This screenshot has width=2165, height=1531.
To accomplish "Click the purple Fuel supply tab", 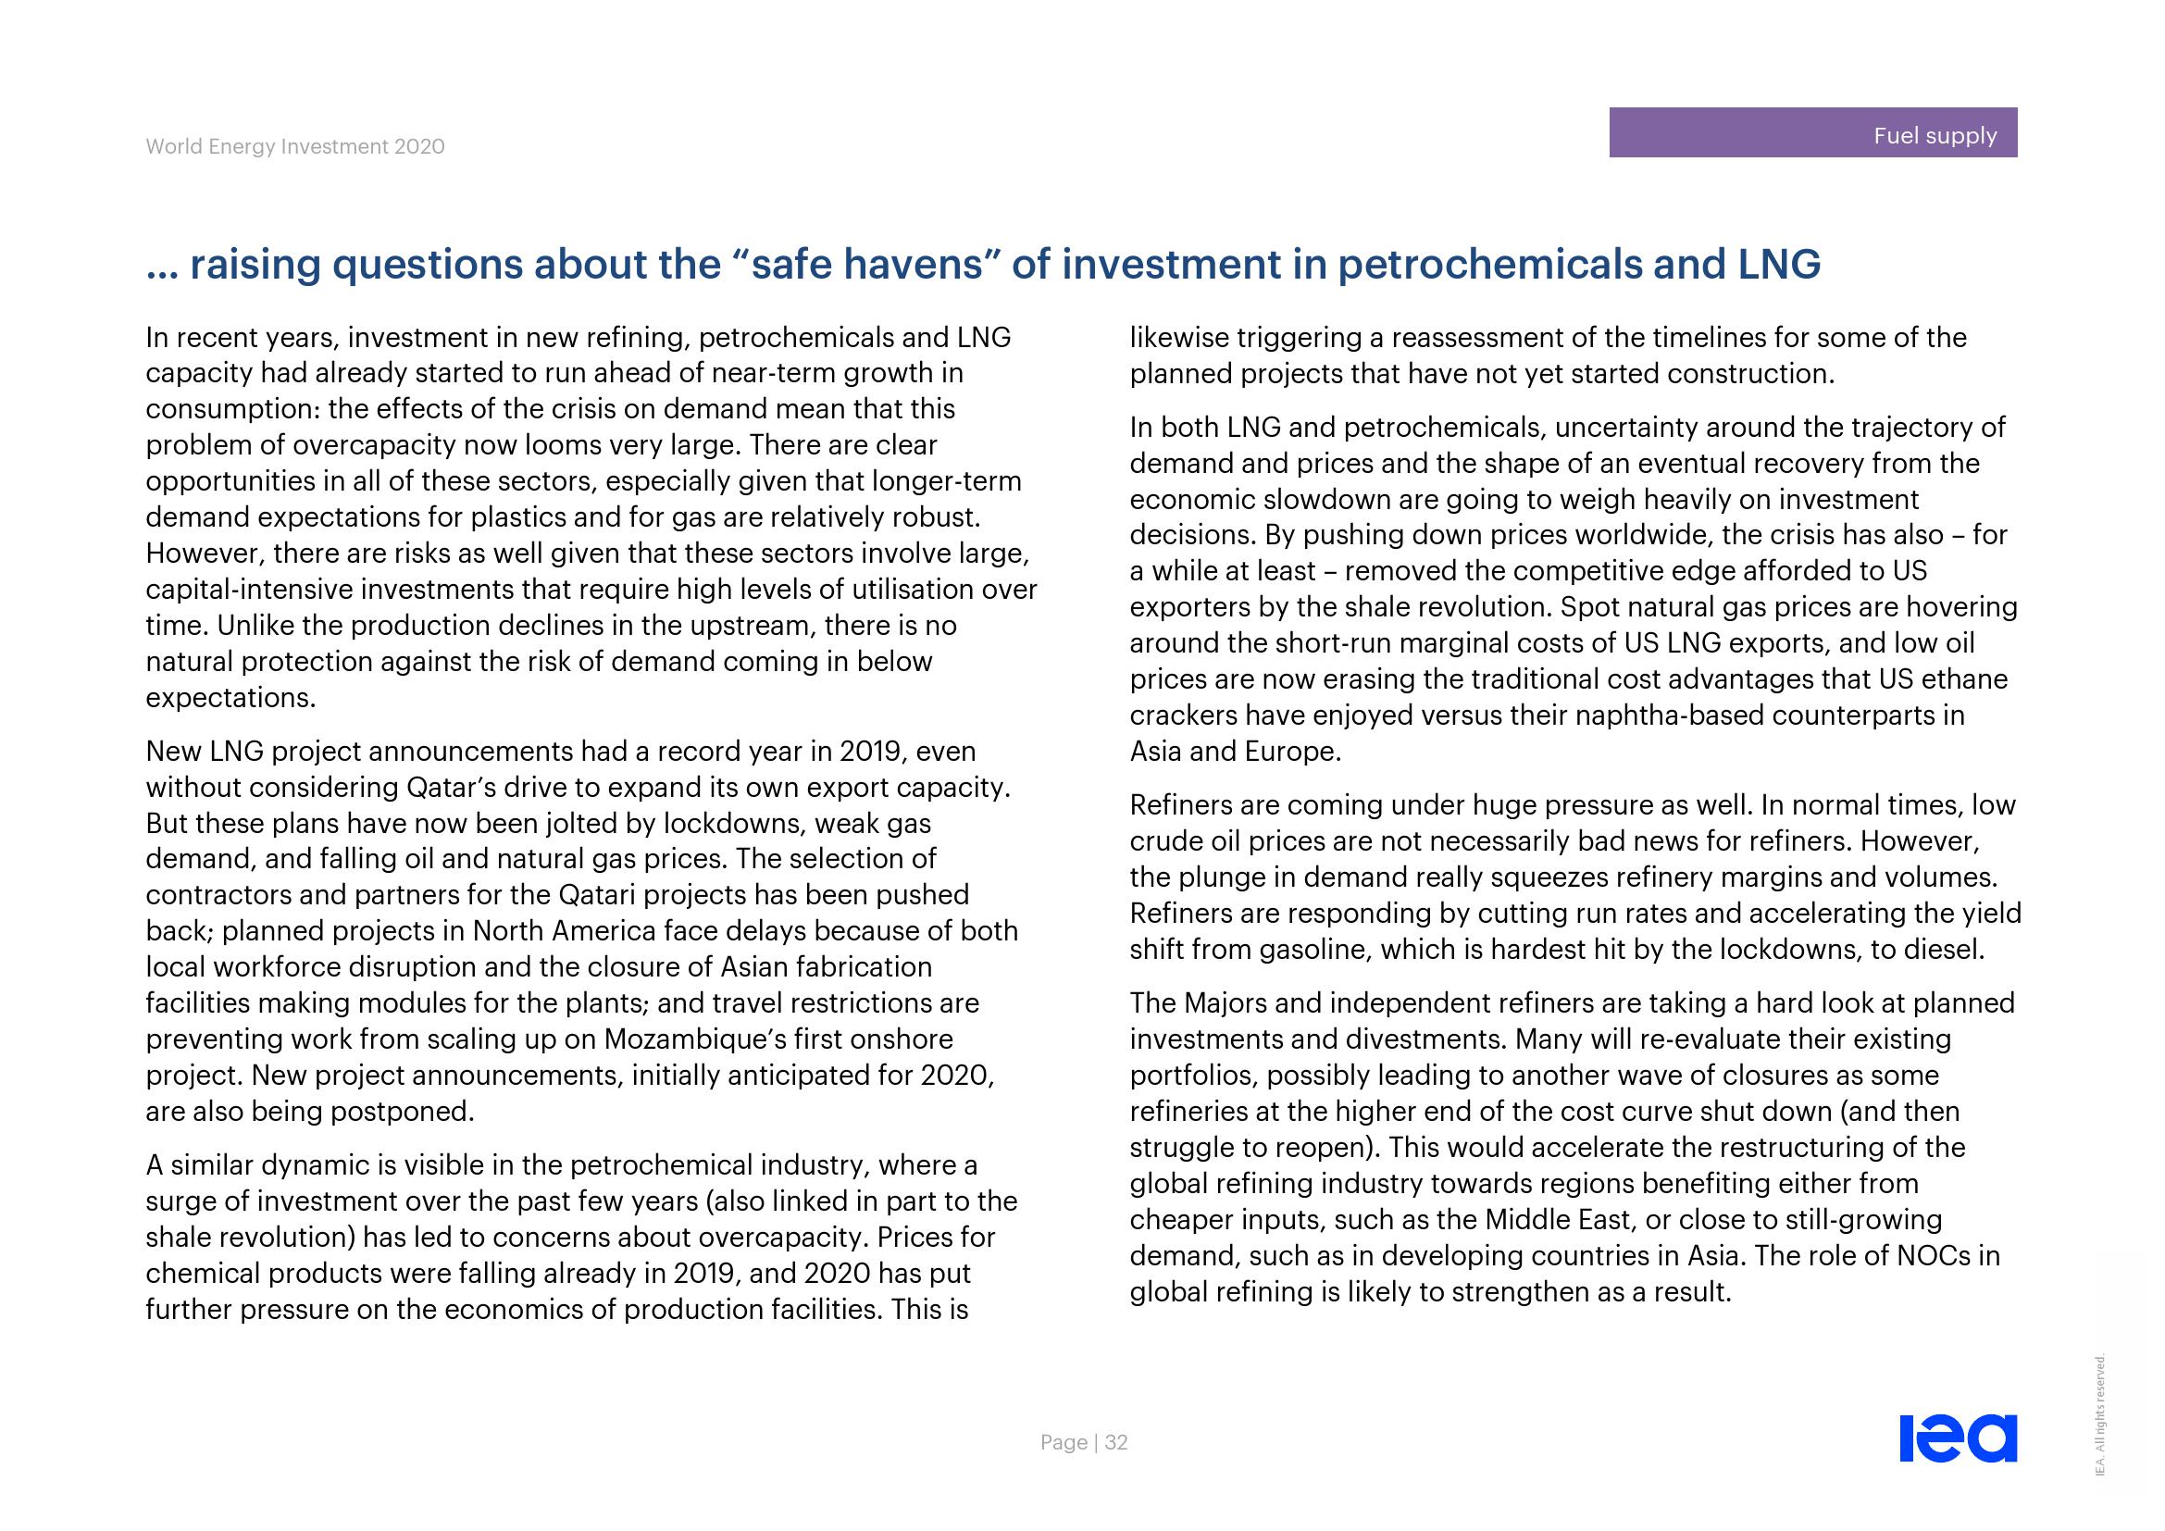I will click(1811, 133).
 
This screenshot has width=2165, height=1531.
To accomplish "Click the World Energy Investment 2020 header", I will click(295, 147).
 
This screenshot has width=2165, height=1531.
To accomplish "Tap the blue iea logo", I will click(1958, 1438).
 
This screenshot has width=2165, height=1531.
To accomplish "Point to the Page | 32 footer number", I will click(1084, 1442).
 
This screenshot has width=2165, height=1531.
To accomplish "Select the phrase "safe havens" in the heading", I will click(865, 265).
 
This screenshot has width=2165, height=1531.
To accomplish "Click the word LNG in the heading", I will click(1778, 265).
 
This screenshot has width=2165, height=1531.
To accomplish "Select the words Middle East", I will click(1558, 1220).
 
